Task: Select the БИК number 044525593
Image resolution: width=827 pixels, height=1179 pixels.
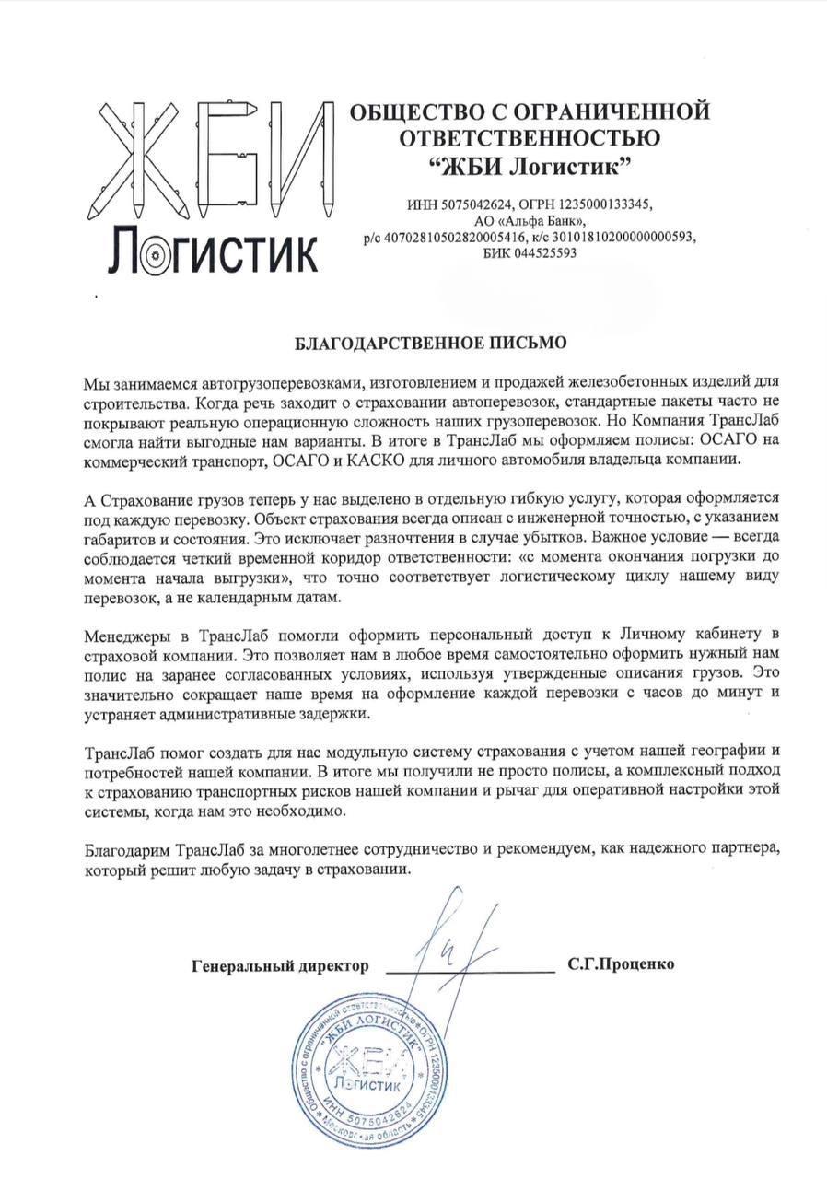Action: (x=545, y=253)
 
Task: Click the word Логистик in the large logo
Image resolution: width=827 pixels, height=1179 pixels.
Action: (x=214, y=251)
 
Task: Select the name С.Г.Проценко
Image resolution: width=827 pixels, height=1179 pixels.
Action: (x=622, y=964)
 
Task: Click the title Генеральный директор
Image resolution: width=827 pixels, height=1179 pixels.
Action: (x=280, y=966)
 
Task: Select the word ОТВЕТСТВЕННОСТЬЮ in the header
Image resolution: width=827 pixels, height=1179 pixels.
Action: (x=530, y=139)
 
